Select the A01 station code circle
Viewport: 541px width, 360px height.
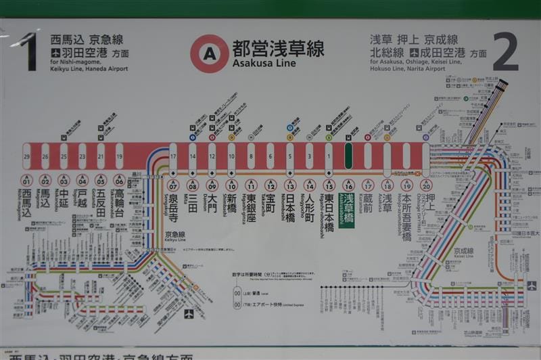coord(26,180)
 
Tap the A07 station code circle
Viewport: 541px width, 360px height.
coord(173,184)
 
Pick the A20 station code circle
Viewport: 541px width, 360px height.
coord(425,184)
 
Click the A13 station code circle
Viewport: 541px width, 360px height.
coord(290,184)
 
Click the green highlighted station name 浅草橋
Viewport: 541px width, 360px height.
coord(348,210)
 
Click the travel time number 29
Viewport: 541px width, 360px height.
coord(26,156)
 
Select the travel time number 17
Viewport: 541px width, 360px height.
coord(173,156)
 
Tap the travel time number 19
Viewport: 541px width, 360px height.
coord(120,156)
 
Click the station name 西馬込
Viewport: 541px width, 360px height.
coord(26,204)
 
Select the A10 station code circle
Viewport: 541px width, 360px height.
coord(231,184)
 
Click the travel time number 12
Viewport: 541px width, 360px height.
coord(212,156)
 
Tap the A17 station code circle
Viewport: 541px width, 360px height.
coord(368,184)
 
